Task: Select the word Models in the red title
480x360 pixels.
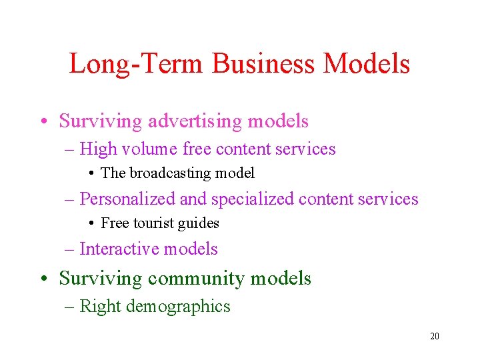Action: point(367,64)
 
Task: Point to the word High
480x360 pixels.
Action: point(97,149)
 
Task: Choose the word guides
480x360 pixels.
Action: point(198,223)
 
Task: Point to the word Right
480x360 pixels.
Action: point(100,307)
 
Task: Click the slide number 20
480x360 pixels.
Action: point(434,337)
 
